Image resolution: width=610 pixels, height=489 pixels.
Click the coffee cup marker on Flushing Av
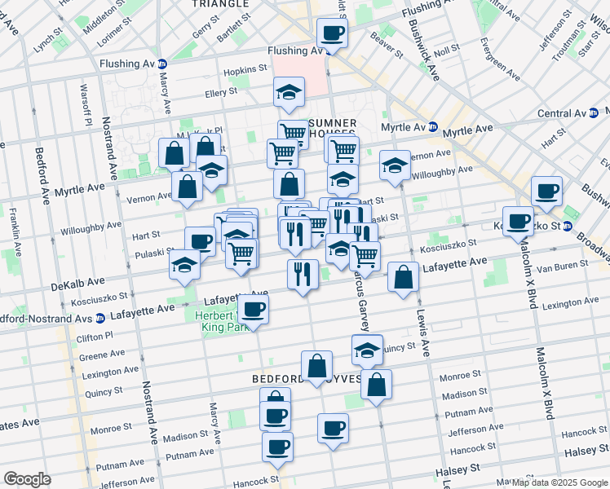pyautogui.click(x=332, y=33)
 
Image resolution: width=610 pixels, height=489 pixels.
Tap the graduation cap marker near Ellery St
pyautogui.click(x=289, y=91)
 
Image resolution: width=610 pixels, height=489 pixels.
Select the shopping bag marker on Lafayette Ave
pyautogui.click(x=403, y=276)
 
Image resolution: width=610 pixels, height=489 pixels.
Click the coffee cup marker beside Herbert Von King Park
pyautogui.click(x=254, y=309)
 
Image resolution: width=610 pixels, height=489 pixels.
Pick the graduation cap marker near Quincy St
pyautogui.click(x=368, y=349)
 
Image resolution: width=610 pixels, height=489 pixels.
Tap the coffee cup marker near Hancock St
pyautogui.click(x=277, y=447)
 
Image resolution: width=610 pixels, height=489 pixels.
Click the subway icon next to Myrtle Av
pyautogui.click(x=433, y=128)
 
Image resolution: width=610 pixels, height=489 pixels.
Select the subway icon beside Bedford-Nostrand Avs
pyautogui.click(x=100, y=318)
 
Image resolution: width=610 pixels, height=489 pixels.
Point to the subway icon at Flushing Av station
pyautogui.click(x=161, y=64)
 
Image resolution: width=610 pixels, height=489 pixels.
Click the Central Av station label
pyautogui.click(x=563, y=113)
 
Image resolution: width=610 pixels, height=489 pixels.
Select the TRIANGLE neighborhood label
pyautogui.click(x=219, y=4)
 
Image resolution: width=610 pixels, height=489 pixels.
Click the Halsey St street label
pyautogui.click(x=457, y=470)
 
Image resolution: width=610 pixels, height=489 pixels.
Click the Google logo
pyautogui.click(x=27, y=479)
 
